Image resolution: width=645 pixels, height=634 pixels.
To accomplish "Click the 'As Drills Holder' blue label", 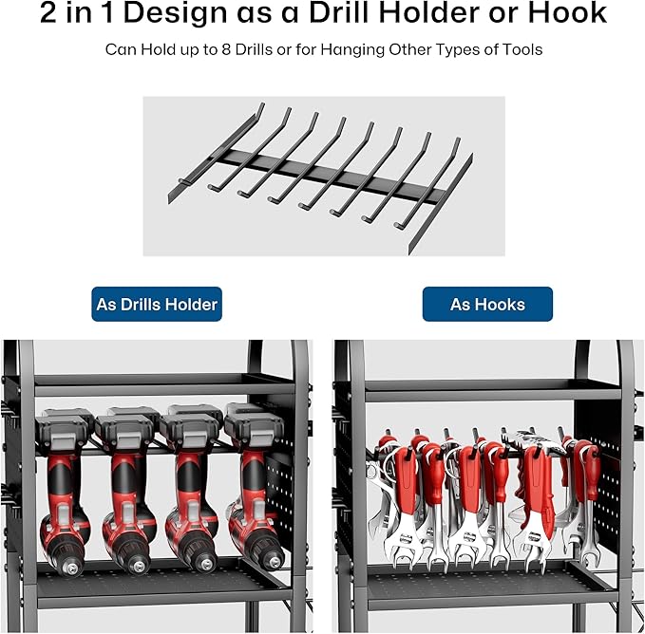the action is point(157,304).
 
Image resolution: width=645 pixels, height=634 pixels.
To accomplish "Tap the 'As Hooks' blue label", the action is point(487,304).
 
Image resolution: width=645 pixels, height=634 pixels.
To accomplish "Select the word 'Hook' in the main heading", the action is point(567,12).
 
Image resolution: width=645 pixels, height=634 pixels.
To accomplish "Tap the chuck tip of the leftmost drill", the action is point(72,569).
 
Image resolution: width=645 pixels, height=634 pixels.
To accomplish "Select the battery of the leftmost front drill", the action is point(63,432).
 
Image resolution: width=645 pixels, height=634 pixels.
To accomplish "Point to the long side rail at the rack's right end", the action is point(441,204).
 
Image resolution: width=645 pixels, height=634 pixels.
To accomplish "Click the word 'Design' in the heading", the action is point(176,13).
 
